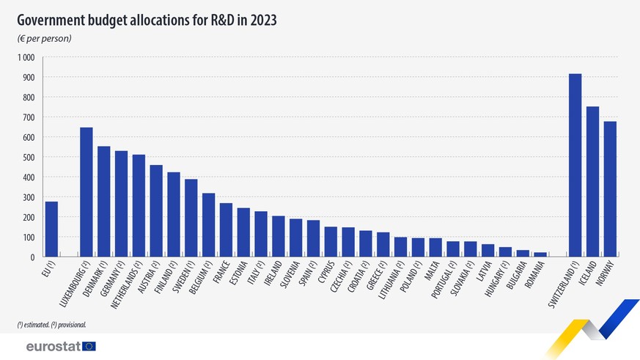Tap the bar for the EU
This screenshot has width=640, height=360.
[x=51, y=229]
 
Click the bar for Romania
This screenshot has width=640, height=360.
[x=540, y=254]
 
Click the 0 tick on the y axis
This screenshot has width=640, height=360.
[x=32, y=257]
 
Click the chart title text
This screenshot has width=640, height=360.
[x=147, y=20]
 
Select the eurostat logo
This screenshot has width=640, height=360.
[x=60, y=346]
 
